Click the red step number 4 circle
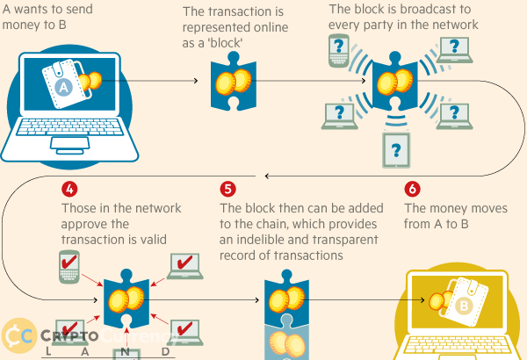click(x=69, y=190)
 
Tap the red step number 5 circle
click(x=227, y=190)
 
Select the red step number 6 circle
click(x=413, y=189)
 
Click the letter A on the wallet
click(x=63, y=88)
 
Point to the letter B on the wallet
click(x=464, y=306)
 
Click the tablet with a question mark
click(x=396, y=150)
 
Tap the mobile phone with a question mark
click(x=339, y=50)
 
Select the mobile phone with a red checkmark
click(x=69, y=267)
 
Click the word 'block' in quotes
click(x=226, y=43)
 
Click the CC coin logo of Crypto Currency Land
click(x=19, y=335)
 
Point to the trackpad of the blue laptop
click(x=70, y=143)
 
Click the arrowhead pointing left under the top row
click(x=267, y=176)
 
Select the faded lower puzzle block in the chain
click(x=286, y=338)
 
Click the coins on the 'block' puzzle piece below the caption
click(x=234, y=82)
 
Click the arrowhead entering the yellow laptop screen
click(x=422, y=299)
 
